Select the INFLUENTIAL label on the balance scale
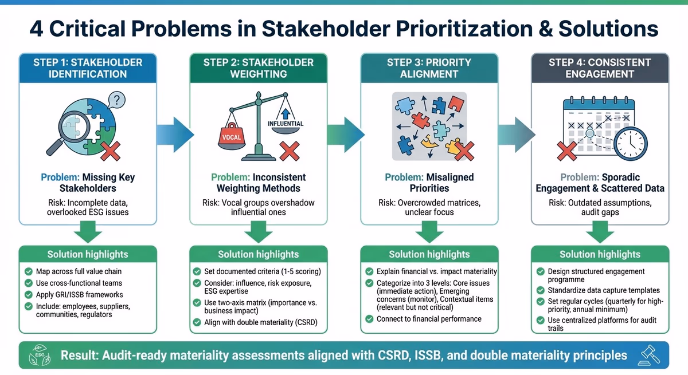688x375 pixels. pyautogui.click(x=286, y=123)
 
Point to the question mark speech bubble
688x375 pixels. pyautogui.click(x=116, y=101)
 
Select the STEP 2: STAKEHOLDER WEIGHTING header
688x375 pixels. pyautogui.click(x=259, y=68)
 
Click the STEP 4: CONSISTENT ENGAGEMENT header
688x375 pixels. pyautogui.click(x=600, y=68)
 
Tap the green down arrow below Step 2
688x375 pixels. pyautogui.click(x=258, y=233)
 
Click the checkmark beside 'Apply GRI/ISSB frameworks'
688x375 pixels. pyautogui.click(x=29, y=295)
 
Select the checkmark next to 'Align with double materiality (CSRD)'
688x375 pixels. pyautogui.click(x=197, y=323)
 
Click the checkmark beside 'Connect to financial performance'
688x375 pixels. pyautogui.click(x=369, y=319)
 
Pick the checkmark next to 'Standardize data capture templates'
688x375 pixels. pyautogui.click(x=540, y=291)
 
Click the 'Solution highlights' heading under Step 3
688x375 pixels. pyautogui.click(x=429, y=254)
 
